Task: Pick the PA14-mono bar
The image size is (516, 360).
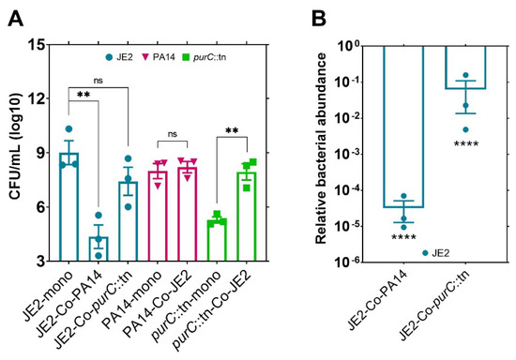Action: pos(158,216)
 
